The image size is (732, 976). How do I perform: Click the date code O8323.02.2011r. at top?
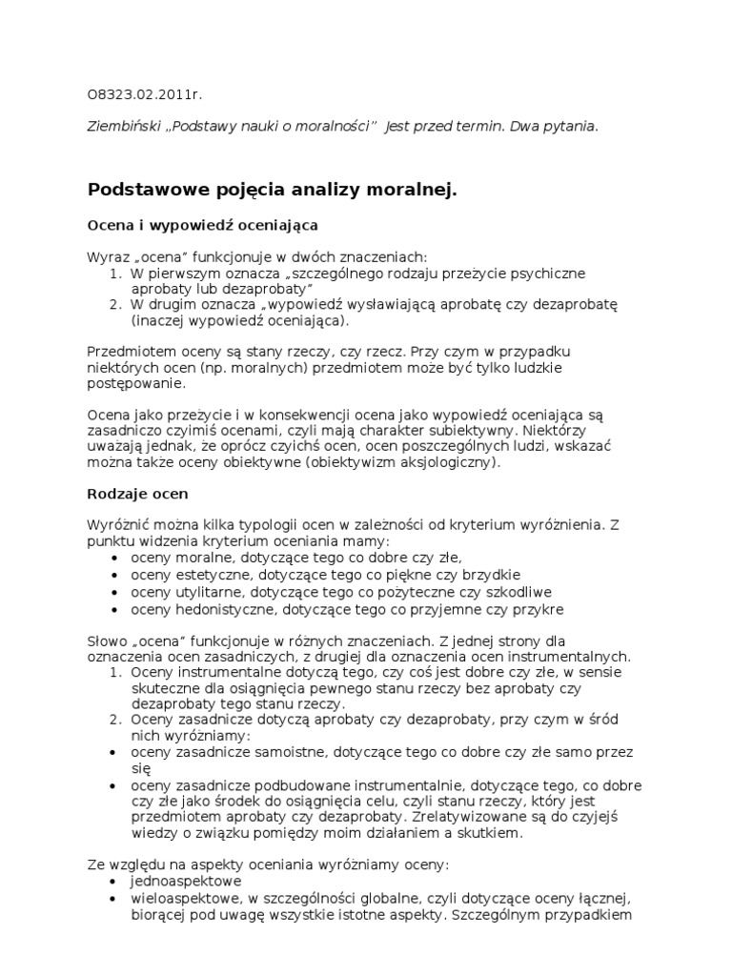click(145, 95)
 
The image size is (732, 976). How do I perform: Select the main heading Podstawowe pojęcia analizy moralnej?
click(273, 190)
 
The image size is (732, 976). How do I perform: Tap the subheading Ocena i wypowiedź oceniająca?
click(202, 225)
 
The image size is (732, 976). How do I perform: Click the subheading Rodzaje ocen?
click(137, 494)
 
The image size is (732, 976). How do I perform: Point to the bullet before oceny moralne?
click(115, 558)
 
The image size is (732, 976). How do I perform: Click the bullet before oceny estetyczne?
click(115, 575)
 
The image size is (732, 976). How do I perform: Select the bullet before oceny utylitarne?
click(115, 592)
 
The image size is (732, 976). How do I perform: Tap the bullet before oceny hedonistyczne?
click(115, 609)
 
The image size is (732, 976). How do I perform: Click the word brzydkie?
click(489, 575)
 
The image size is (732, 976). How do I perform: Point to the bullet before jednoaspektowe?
click(115, 882)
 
